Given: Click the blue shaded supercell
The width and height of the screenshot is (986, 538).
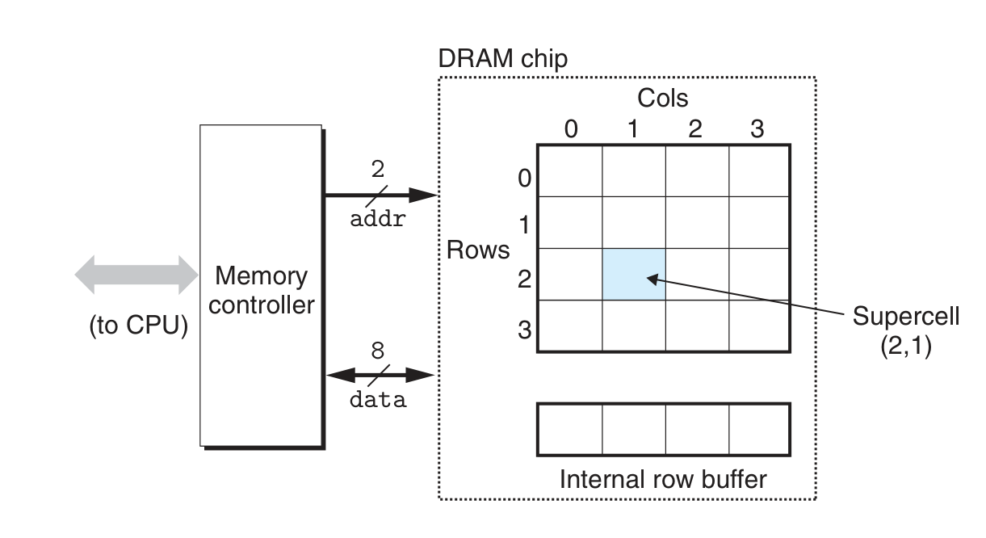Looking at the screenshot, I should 634,275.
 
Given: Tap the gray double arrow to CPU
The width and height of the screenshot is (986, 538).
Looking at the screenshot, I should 136,275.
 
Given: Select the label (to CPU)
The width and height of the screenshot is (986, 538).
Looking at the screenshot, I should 138,327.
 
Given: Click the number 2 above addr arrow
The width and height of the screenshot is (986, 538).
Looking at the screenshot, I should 378,169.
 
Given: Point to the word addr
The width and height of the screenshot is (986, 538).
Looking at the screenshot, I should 377,219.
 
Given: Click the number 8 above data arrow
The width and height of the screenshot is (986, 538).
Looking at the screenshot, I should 377,351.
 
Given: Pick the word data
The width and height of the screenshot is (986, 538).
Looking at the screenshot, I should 377,400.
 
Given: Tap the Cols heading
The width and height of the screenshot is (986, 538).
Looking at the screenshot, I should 662,99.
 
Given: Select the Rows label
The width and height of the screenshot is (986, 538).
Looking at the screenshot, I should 478,250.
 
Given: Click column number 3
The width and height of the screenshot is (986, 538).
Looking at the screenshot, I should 757,129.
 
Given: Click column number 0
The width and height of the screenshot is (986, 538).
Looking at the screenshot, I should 570,129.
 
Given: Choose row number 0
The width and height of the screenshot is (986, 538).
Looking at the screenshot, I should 523,178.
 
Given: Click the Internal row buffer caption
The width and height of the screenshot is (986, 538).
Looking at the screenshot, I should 663,479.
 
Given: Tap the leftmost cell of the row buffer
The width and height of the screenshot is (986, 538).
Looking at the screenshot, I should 570,429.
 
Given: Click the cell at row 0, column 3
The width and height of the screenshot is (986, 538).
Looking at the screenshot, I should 759,170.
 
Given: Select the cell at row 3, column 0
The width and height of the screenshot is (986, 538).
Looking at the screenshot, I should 570,326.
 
